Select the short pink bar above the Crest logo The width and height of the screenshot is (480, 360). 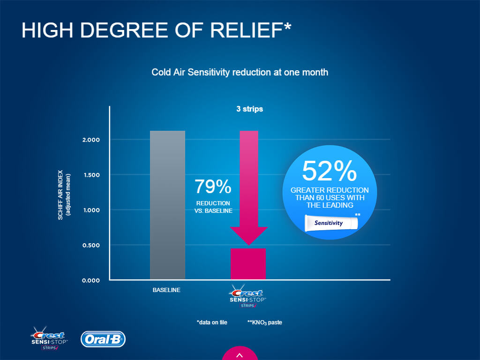[x=248, y=264]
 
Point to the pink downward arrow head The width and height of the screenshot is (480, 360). [x=248, y=235]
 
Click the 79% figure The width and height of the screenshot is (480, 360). [x=213, y=187]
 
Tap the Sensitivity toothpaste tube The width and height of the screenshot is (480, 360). [x=330, y=223]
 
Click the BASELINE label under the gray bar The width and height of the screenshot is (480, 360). [x=166, y=290]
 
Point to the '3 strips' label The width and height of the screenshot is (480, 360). [x=249, y=109]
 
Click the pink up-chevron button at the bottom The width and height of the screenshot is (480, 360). [x=240, y=354]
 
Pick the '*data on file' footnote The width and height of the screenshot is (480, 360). [x=212, y=322]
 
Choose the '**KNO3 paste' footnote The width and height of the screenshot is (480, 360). [x=264, y=322]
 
